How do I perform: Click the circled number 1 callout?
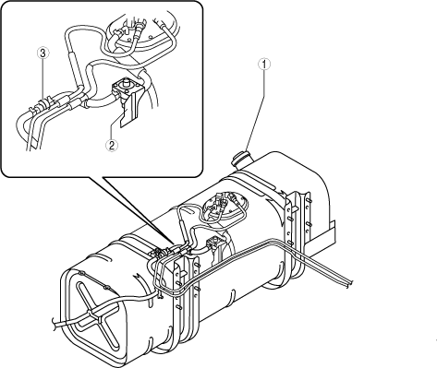coord(264,65)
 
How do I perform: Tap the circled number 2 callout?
coord(112,145)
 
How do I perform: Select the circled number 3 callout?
coord(43,53)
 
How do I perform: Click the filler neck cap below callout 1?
coord(242,158)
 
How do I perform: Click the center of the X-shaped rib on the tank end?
coord(93,314)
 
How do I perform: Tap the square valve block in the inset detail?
coord(126,89)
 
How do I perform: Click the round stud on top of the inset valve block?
coord(126,82)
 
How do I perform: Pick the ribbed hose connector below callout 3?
coord(40,104)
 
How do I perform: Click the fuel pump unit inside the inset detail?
coord(140,34)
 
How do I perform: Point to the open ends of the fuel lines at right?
coord(349,283)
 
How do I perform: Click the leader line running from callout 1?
coord(255,110)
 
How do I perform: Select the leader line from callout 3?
coord(42,80)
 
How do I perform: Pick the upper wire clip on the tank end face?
coord(81,273)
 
